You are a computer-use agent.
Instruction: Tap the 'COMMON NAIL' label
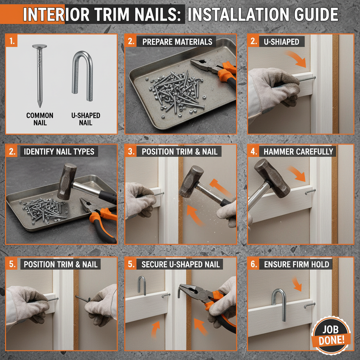point(40,119)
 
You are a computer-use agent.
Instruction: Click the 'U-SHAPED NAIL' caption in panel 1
point(85,119)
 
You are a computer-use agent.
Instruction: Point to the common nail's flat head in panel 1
point(39,46)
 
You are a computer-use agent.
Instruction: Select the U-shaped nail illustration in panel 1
point(83,72)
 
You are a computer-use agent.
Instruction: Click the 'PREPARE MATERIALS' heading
point(177,42)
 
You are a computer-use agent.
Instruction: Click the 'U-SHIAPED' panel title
point(281,42)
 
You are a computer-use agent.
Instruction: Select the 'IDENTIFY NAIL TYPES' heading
point(59,152)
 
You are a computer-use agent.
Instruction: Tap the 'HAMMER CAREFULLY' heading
point(298,152)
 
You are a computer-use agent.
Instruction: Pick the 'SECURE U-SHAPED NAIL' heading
point(180,264)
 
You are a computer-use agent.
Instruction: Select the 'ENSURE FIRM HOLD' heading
point(296,264)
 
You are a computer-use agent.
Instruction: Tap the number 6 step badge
point(253,264)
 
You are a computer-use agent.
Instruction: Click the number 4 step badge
point(253,152)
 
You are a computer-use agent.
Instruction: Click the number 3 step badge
point(131,152)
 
